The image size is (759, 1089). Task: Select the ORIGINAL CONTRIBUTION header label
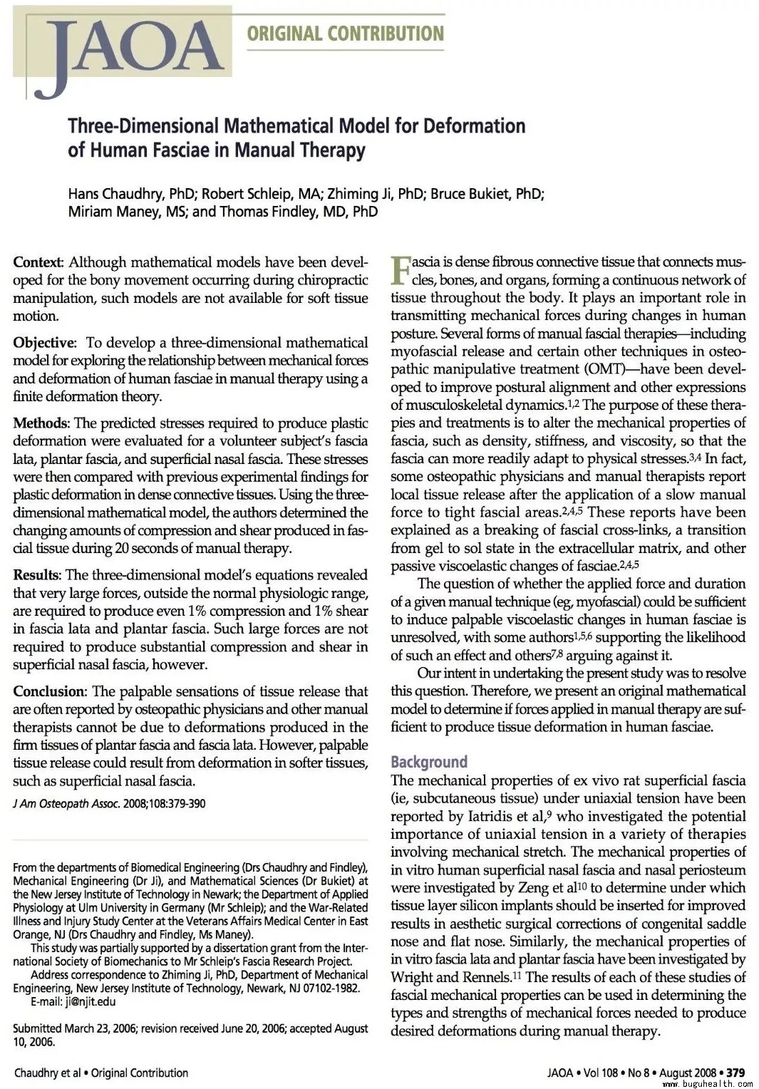tap(345, 33)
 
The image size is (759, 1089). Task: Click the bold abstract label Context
tap(38, 262)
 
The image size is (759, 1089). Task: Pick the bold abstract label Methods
tap(41, 423)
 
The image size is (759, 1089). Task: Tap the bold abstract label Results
tap(38, 575)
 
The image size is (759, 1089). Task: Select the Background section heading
tap(429, 762)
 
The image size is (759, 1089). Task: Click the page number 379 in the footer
tap(735, 1073)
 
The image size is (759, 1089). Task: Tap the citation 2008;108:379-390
tap(165, 804)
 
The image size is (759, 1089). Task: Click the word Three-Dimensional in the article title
tap(143, 126)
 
